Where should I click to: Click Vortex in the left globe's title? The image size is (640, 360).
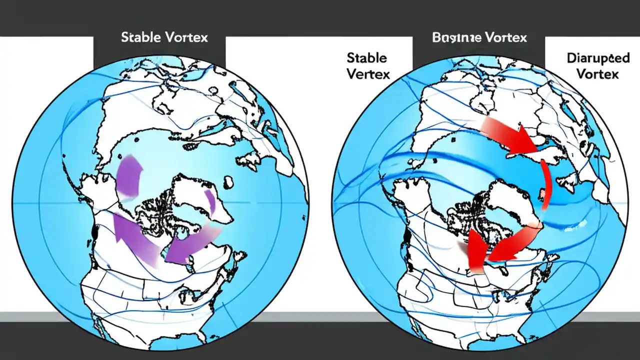click(x=184, y=38)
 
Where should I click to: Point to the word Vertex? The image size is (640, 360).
click(x=367, y=74)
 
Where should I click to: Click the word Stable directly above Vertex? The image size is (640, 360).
click(x=367, y=58)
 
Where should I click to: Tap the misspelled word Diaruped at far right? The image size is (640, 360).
click(x=598, y=58)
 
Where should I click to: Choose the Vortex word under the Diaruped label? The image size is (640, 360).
click(x=598, y=74)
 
